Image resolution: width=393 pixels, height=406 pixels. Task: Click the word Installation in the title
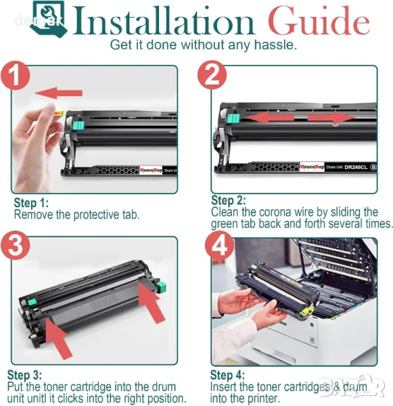[x=162, y=21]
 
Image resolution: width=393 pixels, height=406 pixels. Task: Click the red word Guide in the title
[x=319, y=21]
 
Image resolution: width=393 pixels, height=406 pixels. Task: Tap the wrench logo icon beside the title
[x=49, y=19]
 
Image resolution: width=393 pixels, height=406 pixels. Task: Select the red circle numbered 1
[x=16, y=75]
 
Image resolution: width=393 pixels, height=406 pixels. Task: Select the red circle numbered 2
[x=212, y=75]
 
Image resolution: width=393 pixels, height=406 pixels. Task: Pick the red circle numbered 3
[x=15, y=246]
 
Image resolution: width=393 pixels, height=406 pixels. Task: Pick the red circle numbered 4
[x=220, y=246]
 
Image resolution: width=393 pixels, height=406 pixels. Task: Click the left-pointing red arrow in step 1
[x=58, y=93]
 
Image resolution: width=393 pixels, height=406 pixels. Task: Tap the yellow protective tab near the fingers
[x=60, y=114]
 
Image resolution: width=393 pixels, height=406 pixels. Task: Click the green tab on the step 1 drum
[x=78, y=125]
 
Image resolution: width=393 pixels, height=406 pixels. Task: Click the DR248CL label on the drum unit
[x=356, y=167]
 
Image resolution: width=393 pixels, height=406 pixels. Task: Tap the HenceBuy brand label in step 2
[x=312, y=167]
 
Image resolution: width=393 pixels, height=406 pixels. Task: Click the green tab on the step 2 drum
[x=233, y=119]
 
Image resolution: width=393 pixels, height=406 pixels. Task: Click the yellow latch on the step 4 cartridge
[x=306, y=310]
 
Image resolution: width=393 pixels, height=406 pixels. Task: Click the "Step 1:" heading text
[x=31, y=203]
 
